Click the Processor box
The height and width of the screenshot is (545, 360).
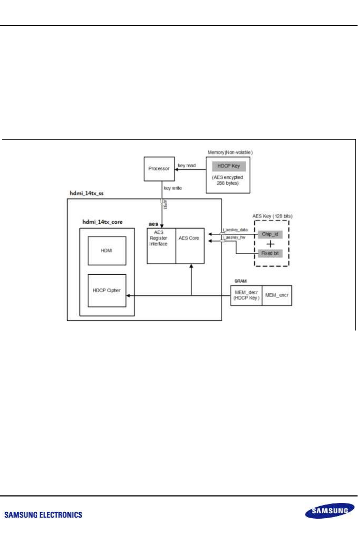point(159,169)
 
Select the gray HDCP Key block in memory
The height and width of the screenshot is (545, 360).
point(229,166)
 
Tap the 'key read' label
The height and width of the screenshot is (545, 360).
point(187,166)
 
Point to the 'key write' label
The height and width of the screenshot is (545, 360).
point(173,188)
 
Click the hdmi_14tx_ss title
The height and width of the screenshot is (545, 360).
point(86,193)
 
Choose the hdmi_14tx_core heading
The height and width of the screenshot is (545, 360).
point(102,222)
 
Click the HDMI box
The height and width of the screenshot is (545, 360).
point(107,251)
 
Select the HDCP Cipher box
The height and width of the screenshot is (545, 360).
point(107,290)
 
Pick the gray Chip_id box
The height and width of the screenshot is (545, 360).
point(270,234)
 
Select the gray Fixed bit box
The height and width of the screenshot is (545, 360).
point(270,253)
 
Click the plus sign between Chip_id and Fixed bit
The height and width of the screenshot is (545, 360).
point(270,244)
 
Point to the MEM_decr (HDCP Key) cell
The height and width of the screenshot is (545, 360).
point(246,295)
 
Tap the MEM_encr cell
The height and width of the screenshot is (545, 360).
point(277,295)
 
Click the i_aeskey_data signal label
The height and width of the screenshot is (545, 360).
point(236,230)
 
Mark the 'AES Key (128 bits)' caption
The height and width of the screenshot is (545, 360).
point(272,216)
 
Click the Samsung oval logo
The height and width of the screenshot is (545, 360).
point(330,511)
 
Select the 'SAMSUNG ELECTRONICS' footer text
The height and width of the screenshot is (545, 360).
point(43,515)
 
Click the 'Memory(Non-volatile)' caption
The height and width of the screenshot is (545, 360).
point(230,153)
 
